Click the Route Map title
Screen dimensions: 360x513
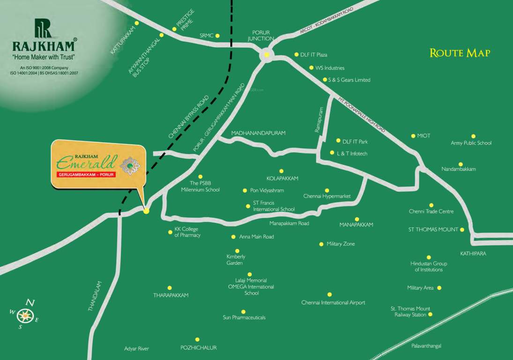click(x=460, y=53)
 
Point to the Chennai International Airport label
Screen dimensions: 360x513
click(x=333, y=303)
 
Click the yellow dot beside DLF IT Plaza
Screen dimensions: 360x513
click(x=297, y=54)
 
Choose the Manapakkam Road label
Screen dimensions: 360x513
click(x=289, y=224)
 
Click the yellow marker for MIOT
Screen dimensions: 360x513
click(x=413, y=136)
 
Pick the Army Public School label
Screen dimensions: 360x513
click(x=471, y=143)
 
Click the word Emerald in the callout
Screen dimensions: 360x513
click(x=85, y=162)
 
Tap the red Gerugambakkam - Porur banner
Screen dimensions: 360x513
click(x=85, y=174)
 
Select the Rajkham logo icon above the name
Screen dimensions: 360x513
click(x=44, y=28)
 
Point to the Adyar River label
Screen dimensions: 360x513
click(x=136, y=349)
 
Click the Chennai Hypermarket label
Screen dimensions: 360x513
click(x=327, y=196)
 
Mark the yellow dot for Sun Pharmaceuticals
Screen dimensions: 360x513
click(x=243, y=312)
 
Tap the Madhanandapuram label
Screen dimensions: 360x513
click(x=258, y=133)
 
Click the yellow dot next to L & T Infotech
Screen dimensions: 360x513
click(x=332, y=153)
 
